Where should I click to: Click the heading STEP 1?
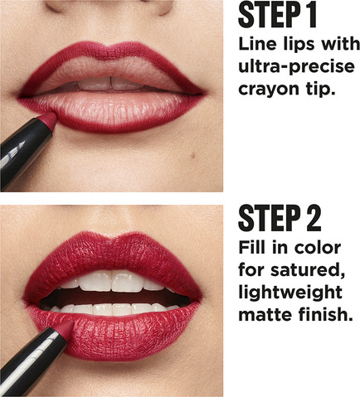tap(277, 15)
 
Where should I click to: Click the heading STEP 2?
tap(280, 218)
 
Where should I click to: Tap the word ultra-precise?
tap(296, 67)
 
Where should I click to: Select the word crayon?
tap(265, 90)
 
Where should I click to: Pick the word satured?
tap(308, 270)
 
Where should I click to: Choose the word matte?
tap(265, 315)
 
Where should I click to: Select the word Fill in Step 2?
tap(249, 248)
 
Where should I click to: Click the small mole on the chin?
tap(192, 156)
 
